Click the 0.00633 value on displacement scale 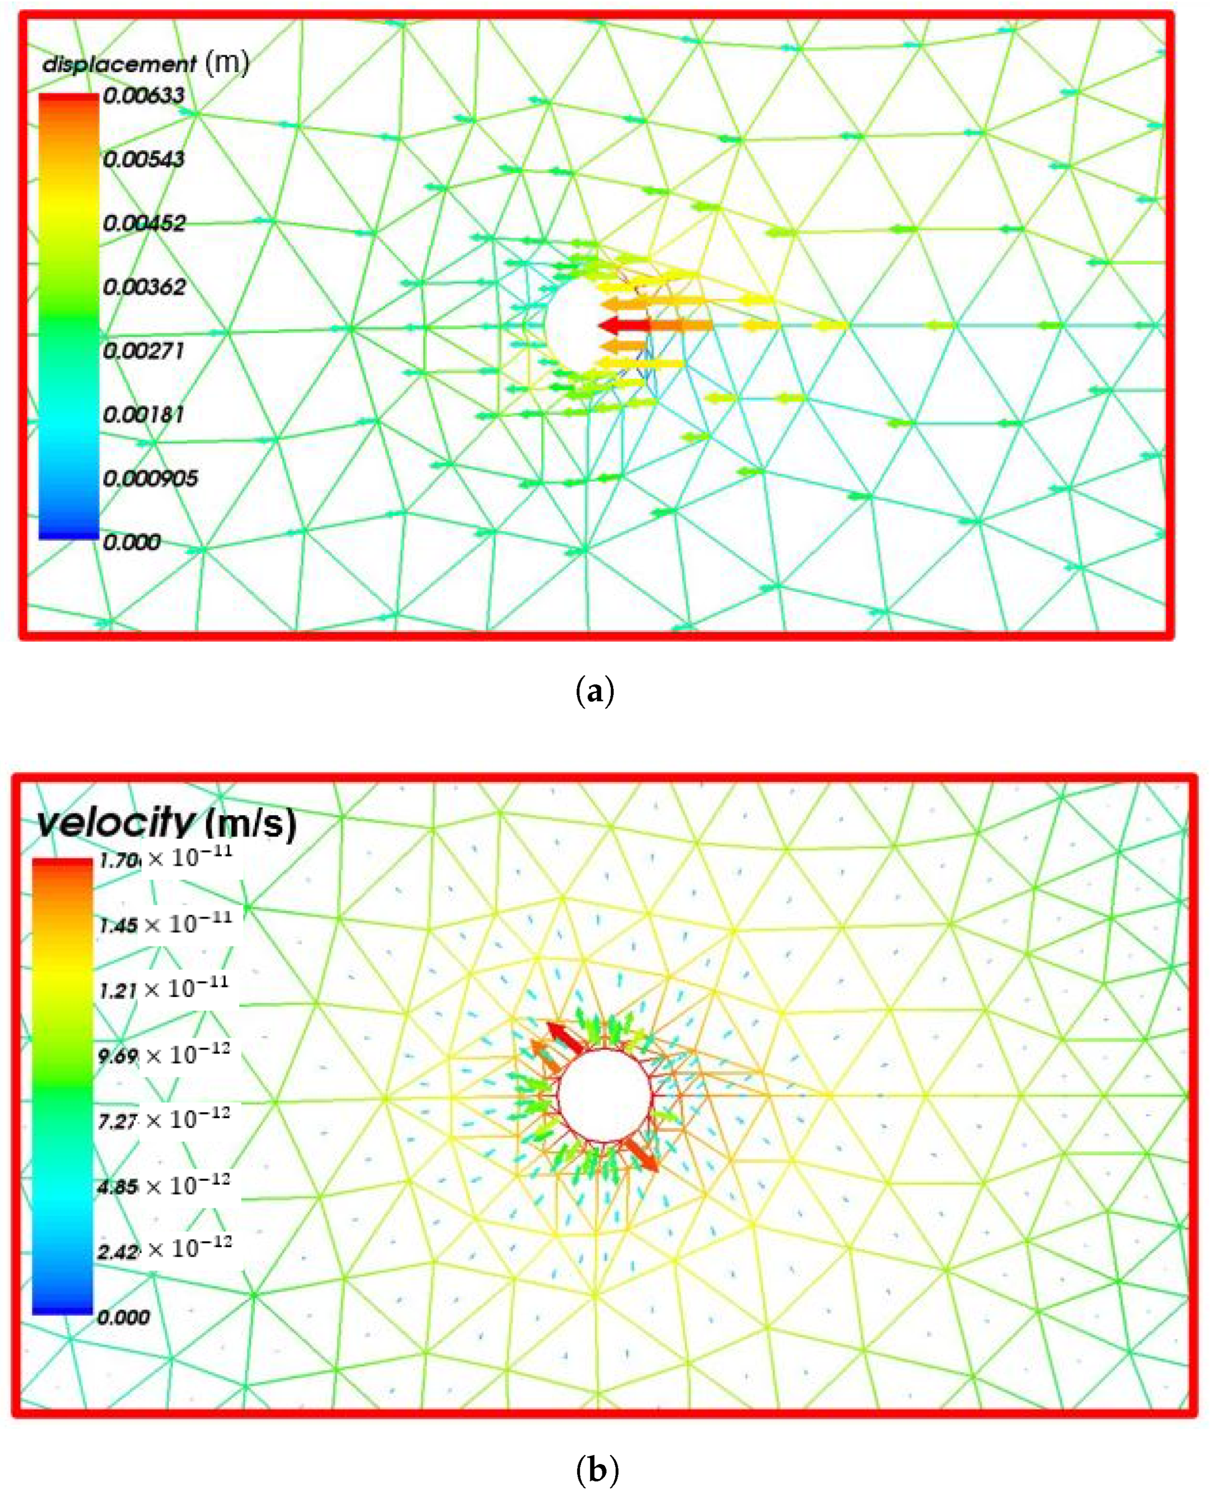[x=144, y=96]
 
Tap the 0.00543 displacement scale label [x=144, y=160]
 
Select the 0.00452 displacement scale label [x=144, y=224]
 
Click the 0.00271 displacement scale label [x=144, y=351]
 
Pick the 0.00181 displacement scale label [x=144, y=415]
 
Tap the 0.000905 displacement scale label [x=150, y=479]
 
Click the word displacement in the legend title [x=119, y=65]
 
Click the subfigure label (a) [x=596, y=692]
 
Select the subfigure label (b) [x=598, y=1469]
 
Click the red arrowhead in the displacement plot [x=611, y=325]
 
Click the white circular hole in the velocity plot [x=604, y=1096]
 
